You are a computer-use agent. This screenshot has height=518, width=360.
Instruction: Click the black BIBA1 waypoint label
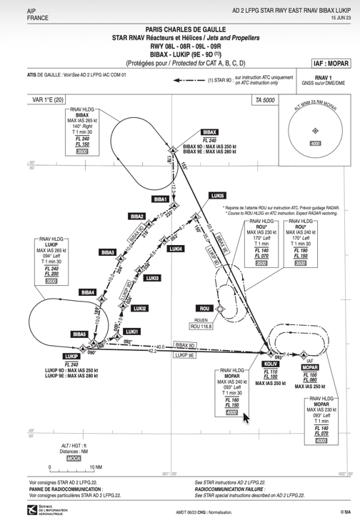coord(161,199)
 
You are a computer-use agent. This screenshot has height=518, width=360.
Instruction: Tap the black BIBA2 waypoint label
coord(137,216)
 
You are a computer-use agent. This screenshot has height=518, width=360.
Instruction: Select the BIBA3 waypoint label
coord(108,252)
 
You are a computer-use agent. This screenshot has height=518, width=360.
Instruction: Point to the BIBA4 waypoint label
coord(88,292)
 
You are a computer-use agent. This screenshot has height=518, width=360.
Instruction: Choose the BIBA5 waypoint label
coord(79,334)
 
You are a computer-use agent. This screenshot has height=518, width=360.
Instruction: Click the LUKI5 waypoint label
coord(217,195)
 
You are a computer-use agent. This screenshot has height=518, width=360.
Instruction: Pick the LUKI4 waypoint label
coord(176,249)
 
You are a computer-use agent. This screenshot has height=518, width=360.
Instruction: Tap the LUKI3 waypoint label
coord(151,278)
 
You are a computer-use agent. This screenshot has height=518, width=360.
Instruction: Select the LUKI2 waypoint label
coord(140,309)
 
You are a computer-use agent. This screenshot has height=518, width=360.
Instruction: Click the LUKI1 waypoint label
coord(131,332)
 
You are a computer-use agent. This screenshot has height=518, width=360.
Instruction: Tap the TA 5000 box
coord(264,101)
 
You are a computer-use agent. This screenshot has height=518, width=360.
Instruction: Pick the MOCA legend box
coord(73,459)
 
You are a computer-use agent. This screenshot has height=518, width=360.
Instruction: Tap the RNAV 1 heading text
coord(324,76)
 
